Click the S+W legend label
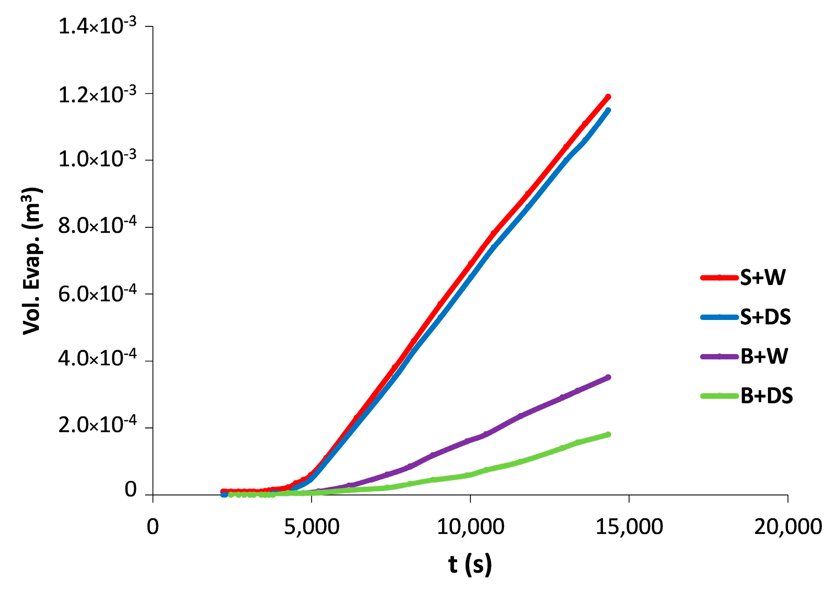tap(763, 277)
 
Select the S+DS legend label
tap(765, 317)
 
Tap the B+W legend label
tap(764, 357)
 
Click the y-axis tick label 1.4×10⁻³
tap(97, 26)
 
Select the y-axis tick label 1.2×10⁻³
tap(97, 94)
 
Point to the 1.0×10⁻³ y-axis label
tap(97, 159)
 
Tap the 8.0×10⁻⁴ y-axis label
tap(97, 226)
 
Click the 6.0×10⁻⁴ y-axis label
tap(97, 293)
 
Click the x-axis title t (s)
tap(470, 564)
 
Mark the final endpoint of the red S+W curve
tap(608, 97)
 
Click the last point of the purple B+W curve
tap(608, 377)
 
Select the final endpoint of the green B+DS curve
tap(608, 434)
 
